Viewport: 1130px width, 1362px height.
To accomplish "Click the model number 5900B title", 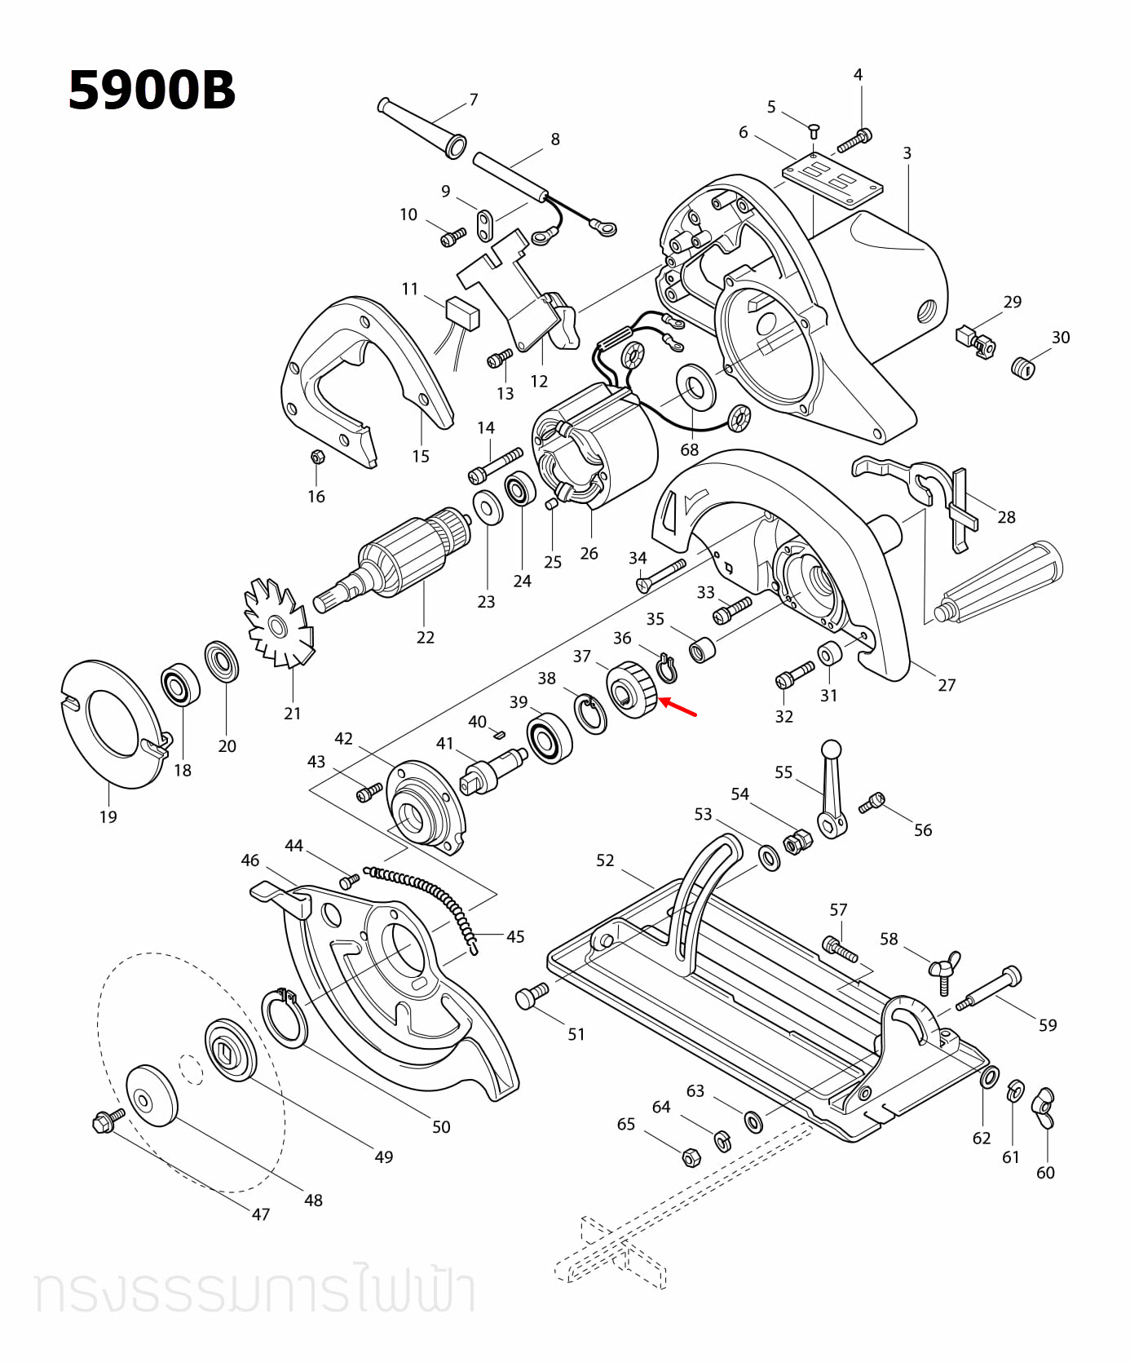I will click(x=152, y=90).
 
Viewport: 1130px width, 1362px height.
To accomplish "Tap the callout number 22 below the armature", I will click(x=425, y=638).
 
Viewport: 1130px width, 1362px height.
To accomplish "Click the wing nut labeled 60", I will click(x=1044, y=1108).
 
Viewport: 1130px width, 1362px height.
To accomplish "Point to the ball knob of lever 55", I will click(x=831, y=749).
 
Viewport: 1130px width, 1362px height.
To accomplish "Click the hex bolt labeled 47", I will click(x=108, y=1121).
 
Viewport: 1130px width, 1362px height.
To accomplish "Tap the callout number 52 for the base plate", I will click(x=605, y=860).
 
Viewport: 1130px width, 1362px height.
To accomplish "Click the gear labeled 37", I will click(x=632, y=690).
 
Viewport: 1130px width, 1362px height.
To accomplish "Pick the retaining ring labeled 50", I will click(x=285, y=1017).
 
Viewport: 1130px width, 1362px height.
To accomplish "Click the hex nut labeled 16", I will click(x=318, y=458).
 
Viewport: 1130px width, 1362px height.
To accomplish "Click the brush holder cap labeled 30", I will click(x=1022, y=368).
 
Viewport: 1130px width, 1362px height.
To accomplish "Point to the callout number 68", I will click(x=690, y=450).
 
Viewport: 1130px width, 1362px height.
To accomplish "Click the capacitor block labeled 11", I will click(x=462, y=312).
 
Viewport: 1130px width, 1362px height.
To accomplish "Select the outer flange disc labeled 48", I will click(x=152, y=1095).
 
